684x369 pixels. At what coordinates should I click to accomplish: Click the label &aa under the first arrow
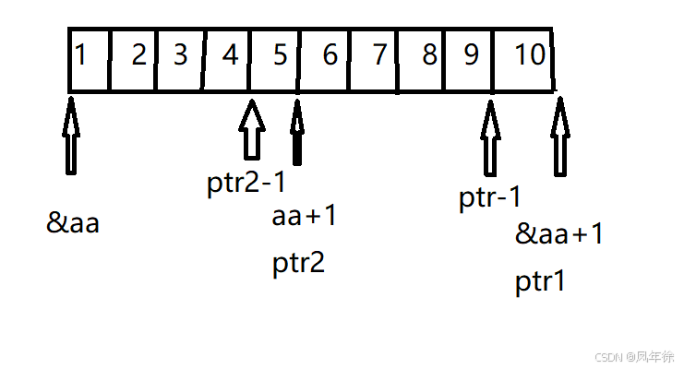click(73, 223)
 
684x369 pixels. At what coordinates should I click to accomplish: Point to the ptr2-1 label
click(246, 182)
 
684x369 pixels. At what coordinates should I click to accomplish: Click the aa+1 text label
click(305, 218)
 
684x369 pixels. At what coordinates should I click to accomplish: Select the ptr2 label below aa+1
click(298, 264)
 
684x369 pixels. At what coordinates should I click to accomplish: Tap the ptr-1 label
click(490, 198)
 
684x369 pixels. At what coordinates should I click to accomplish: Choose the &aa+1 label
click(559, 234)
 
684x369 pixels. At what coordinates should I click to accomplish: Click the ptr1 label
click(539, 280)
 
